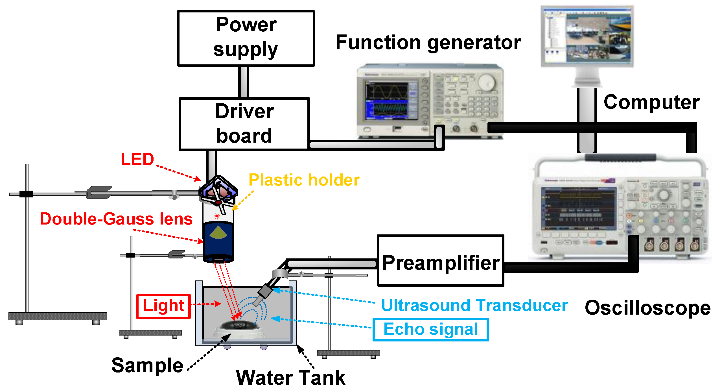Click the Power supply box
tap(246, 38)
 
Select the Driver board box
tap(244, 124)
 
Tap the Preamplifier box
tap(441, 260)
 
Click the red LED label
tap(137, 159)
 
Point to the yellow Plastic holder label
tap(304, 180)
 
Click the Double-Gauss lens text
tap(116, 219)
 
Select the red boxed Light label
tap(163, 306)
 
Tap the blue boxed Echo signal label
tap(431, 329)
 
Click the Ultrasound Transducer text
tap(474, 306)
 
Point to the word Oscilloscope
tap(647, 308)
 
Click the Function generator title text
tap(428, 43)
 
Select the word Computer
tap(651, 102)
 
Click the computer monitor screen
tap(587, 35)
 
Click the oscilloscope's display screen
tap(579, 208)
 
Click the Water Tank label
tap(290, 378)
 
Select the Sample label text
tap(147, 365)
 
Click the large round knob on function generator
tap(487, 82)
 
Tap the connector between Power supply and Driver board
tap(244, 82)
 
